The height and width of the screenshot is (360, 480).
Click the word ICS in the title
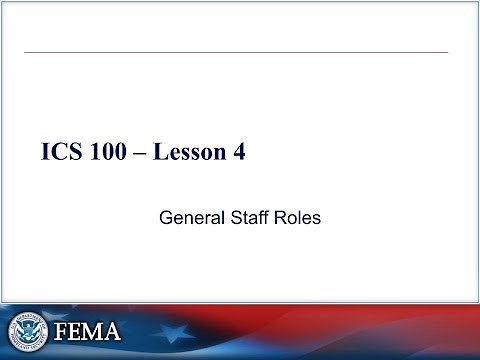[x=62, y=153]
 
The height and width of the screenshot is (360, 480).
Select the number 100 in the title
[x=111, y=153]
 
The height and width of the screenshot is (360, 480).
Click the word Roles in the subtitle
[x=298, y=216]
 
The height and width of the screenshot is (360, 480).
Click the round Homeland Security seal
[x=27, y=331]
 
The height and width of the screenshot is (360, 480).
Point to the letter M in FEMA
[x=96, y=331]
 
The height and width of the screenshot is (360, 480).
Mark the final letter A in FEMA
[x=115, y=331]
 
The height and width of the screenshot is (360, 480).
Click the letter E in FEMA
[x=77, y=331]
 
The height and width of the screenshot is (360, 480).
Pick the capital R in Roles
[x=281, y=216]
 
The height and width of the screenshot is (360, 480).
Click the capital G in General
[x=167, y=216]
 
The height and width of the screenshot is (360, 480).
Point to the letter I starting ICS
[x=46, y=153]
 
